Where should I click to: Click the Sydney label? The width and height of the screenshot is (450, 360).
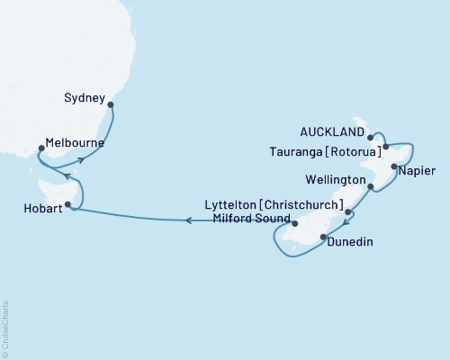click(85, 96)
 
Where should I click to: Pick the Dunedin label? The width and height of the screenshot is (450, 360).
click(350, 242)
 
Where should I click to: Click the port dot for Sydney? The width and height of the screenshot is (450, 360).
click(111, 104)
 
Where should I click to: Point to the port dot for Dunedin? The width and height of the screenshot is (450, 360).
click(324, 238)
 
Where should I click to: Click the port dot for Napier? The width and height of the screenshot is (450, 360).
click(394, 166)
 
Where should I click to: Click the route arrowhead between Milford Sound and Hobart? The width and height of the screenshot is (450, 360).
click(188, 220)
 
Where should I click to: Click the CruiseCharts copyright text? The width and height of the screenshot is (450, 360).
click(5, 328)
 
